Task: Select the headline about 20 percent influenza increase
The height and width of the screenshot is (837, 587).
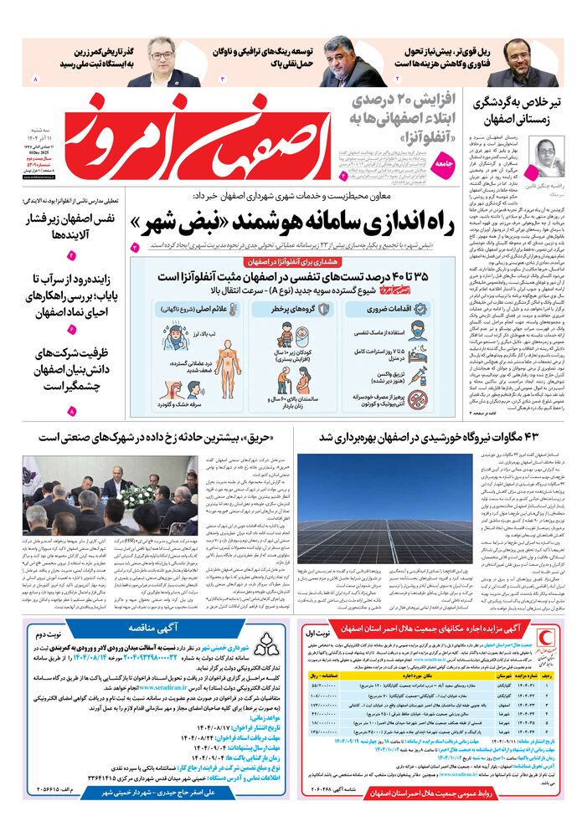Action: [399, 116]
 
